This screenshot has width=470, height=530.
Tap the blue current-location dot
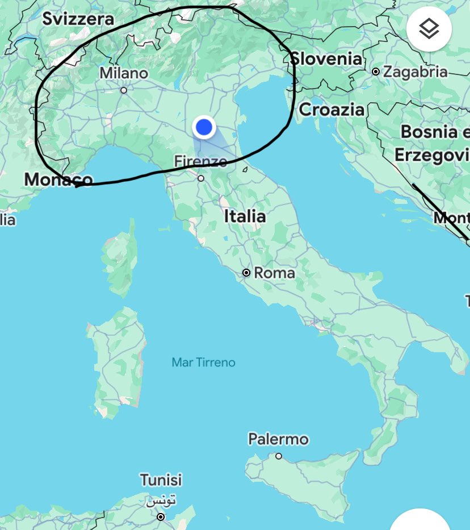[x=203, y=127]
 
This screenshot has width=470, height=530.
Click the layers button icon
[x=429, y=29]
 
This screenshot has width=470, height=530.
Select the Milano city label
[x=123, y=73]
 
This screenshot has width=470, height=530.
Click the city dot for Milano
[x=124, y=90]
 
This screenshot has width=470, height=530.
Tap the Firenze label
[x=200, y=161]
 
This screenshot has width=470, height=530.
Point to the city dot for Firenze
[x=200, y=178]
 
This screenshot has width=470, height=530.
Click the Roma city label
[x=274, y=273]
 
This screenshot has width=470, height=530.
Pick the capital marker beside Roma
[x=246, y=273]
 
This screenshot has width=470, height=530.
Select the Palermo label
[x=278, y=439]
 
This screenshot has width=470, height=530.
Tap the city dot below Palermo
[x=279, y=456]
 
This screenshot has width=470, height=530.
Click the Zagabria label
[x=416, y=72]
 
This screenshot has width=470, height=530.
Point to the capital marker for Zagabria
[x=376, y=72]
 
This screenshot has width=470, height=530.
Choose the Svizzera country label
[x=78, y=19]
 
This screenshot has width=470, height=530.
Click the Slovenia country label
[x=326, y=59]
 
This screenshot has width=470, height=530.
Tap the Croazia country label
[x=331, y=109]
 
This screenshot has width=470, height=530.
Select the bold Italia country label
[x=245, y=216]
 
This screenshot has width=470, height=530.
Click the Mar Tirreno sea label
[x=203, y=362]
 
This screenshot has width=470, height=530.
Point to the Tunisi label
[x=161, y=480]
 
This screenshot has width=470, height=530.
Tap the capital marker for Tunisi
[x=161, y=517]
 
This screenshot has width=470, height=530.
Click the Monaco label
[x=58, y=180]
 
